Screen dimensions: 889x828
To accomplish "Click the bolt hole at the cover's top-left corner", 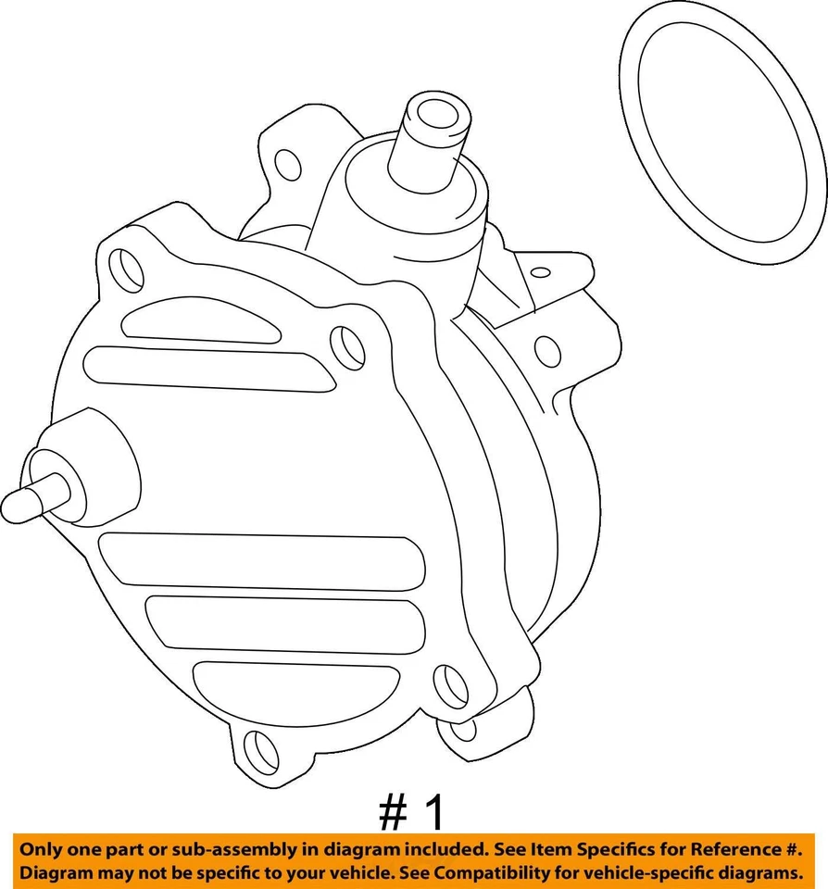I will [127, 269].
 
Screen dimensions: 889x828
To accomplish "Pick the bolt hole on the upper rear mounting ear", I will [288, 165].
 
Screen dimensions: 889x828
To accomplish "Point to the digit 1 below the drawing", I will [433, 812].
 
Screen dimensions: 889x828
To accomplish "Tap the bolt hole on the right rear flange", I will [547, 350].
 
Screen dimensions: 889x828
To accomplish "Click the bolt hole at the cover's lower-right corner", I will [451, 686].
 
